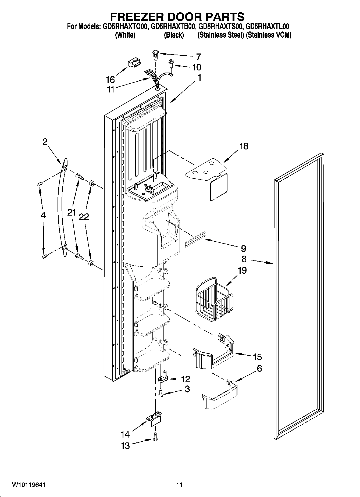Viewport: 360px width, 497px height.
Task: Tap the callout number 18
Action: (x=244, y=146)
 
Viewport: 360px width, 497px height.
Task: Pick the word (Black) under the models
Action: (x=174, y=35)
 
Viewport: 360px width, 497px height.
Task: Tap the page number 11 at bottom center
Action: (x=179, y=485)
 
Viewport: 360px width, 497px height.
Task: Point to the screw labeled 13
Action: (x=155, y=437)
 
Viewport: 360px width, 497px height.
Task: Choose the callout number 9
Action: (x=243, y=248)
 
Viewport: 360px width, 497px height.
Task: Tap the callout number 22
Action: (x=84, y=217)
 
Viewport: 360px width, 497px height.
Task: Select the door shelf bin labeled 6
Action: (x=219, y=396)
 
